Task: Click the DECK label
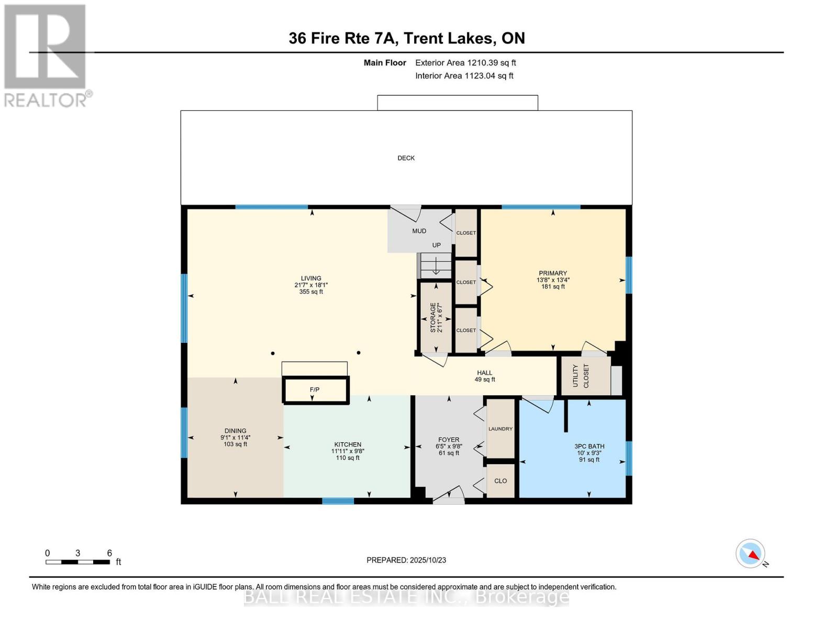pos(406,158)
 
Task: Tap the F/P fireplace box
pos(315,390)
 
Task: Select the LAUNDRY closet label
pos(500,429)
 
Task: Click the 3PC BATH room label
pos(589,446)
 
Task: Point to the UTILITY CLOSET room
pos(581,376)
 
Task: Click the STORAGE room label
pos(433,318)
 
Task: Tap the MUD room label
pos(419,231)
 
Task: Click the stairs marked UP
pos(436,265)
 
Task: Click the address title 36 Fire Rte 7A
pos(406,38)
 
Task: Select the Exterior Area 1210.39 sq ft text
pos(465,63)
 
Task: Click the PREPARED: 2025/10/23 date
pos(406,560)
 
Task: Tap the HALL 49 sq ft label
pos(484,376)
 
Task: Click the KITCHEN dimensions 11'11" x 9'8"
pos(348,451)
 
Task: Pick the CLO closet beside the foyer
pos(500,481)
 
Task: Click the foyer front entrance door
pos(449,496)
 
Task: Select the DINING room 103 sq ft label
pos(235,438)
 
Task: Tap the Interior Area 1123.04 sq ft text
pos(464,76)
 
